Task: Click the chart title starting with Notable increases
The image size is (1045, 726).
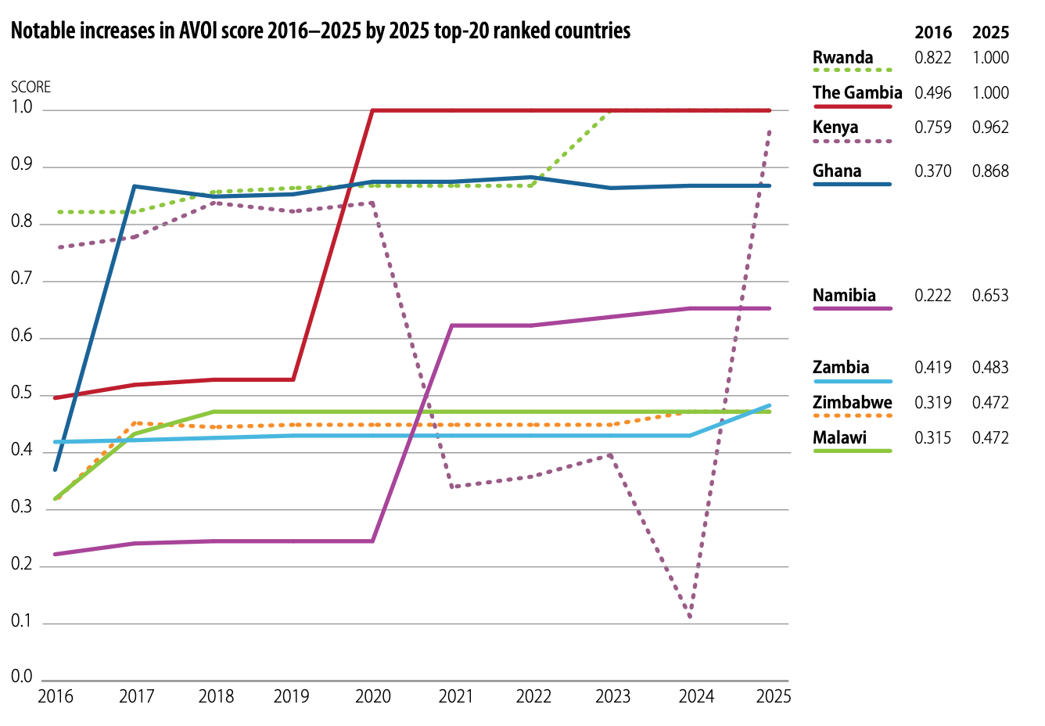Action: pyautogui.click(x=321, y=31)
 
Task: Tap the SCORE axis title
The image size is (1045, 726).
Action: pyautogui.click(x=31, y=87)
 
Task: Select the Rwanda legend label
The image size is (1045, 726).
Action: pyautogui.click(x=842, y=58)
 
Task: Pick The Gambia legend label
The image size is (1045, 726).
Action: pyautogui.click(x=857, y=93)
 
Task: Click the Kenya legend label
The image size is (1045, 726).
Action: pyautogui.click(x=835, y=128)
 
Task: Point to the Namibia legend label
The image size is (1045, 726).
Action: pyautogui.click(x=844, y=296)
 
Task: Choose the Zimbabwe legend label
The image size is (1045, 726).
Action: pyautogui.click(x=852, y=403)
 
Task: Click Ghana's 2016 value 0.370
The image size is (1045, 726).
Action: pyautogui.click(x=932, y=171)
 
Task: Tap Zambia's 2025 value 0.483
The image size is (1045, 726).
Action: pyautogui.click(x=990, y=368)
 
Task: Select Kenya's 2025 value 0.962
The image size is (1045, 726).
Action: pyautogui.click(x=990, y=128)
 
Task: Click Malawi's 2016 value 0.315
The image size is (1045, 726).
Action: pyautogui.click(x=932, y=438)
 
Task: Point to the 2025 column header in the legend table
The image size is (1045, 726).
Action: pyautogui.click(x=990, y=33)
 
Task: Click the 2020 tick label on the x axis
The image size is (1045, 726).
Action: pyautogui.click(x=373, y=696)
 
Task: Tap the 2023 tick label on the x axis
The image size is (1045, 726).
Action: pyautogui.click(x=612, y=696)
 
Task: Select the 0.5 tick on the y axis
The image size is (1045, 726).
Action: pyautogui.click(x=22, y=394)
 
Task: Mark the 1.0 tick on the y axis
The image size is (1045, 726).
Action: pyautogui.click(x=22, y=108)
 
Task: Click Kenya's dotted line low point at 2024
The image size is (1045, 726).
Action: pyautogui.click(x=690, y=617)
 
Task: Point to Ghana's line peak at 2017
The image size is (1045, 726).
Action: pyautogui.click(x=135, y=186)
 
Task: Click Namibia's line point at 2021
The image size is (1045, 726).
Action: pyautogui.click(x=452, y=325)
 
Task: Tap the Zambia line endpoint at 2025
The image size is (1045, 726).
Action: pyautogui.click(x=770, y=406)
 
